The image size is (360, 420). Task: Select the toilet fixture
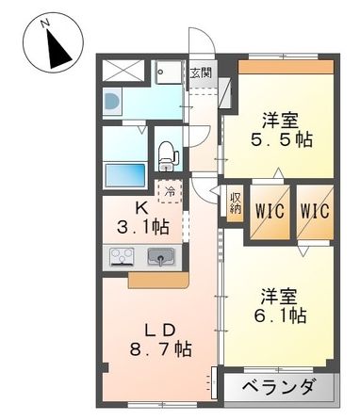(x=168, y=152)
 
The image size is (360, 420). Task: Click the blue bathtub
(x=125, y=176)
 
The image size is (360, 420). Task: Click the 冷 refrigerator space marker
(x=170, y=192)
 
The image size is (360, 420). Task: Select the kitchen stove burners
(x=123, y=256)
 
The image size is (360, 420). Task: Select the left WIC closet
(x=266, y=210)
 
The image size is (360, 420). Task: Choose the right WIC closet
(x=315, y=210)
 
